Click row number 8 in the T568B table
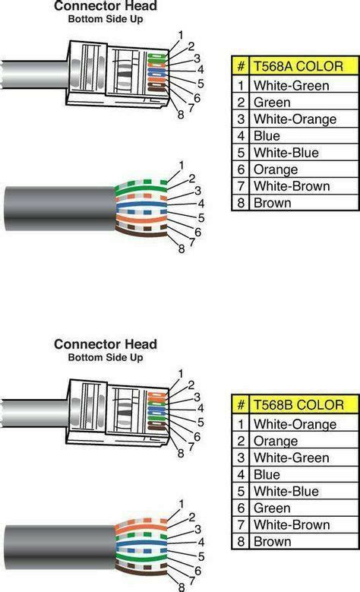click(241, 542)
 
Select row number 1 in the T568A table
click(241, 86)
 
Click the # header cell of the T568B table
click(241, 405)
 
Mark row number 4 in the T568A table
click(241, 136)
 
